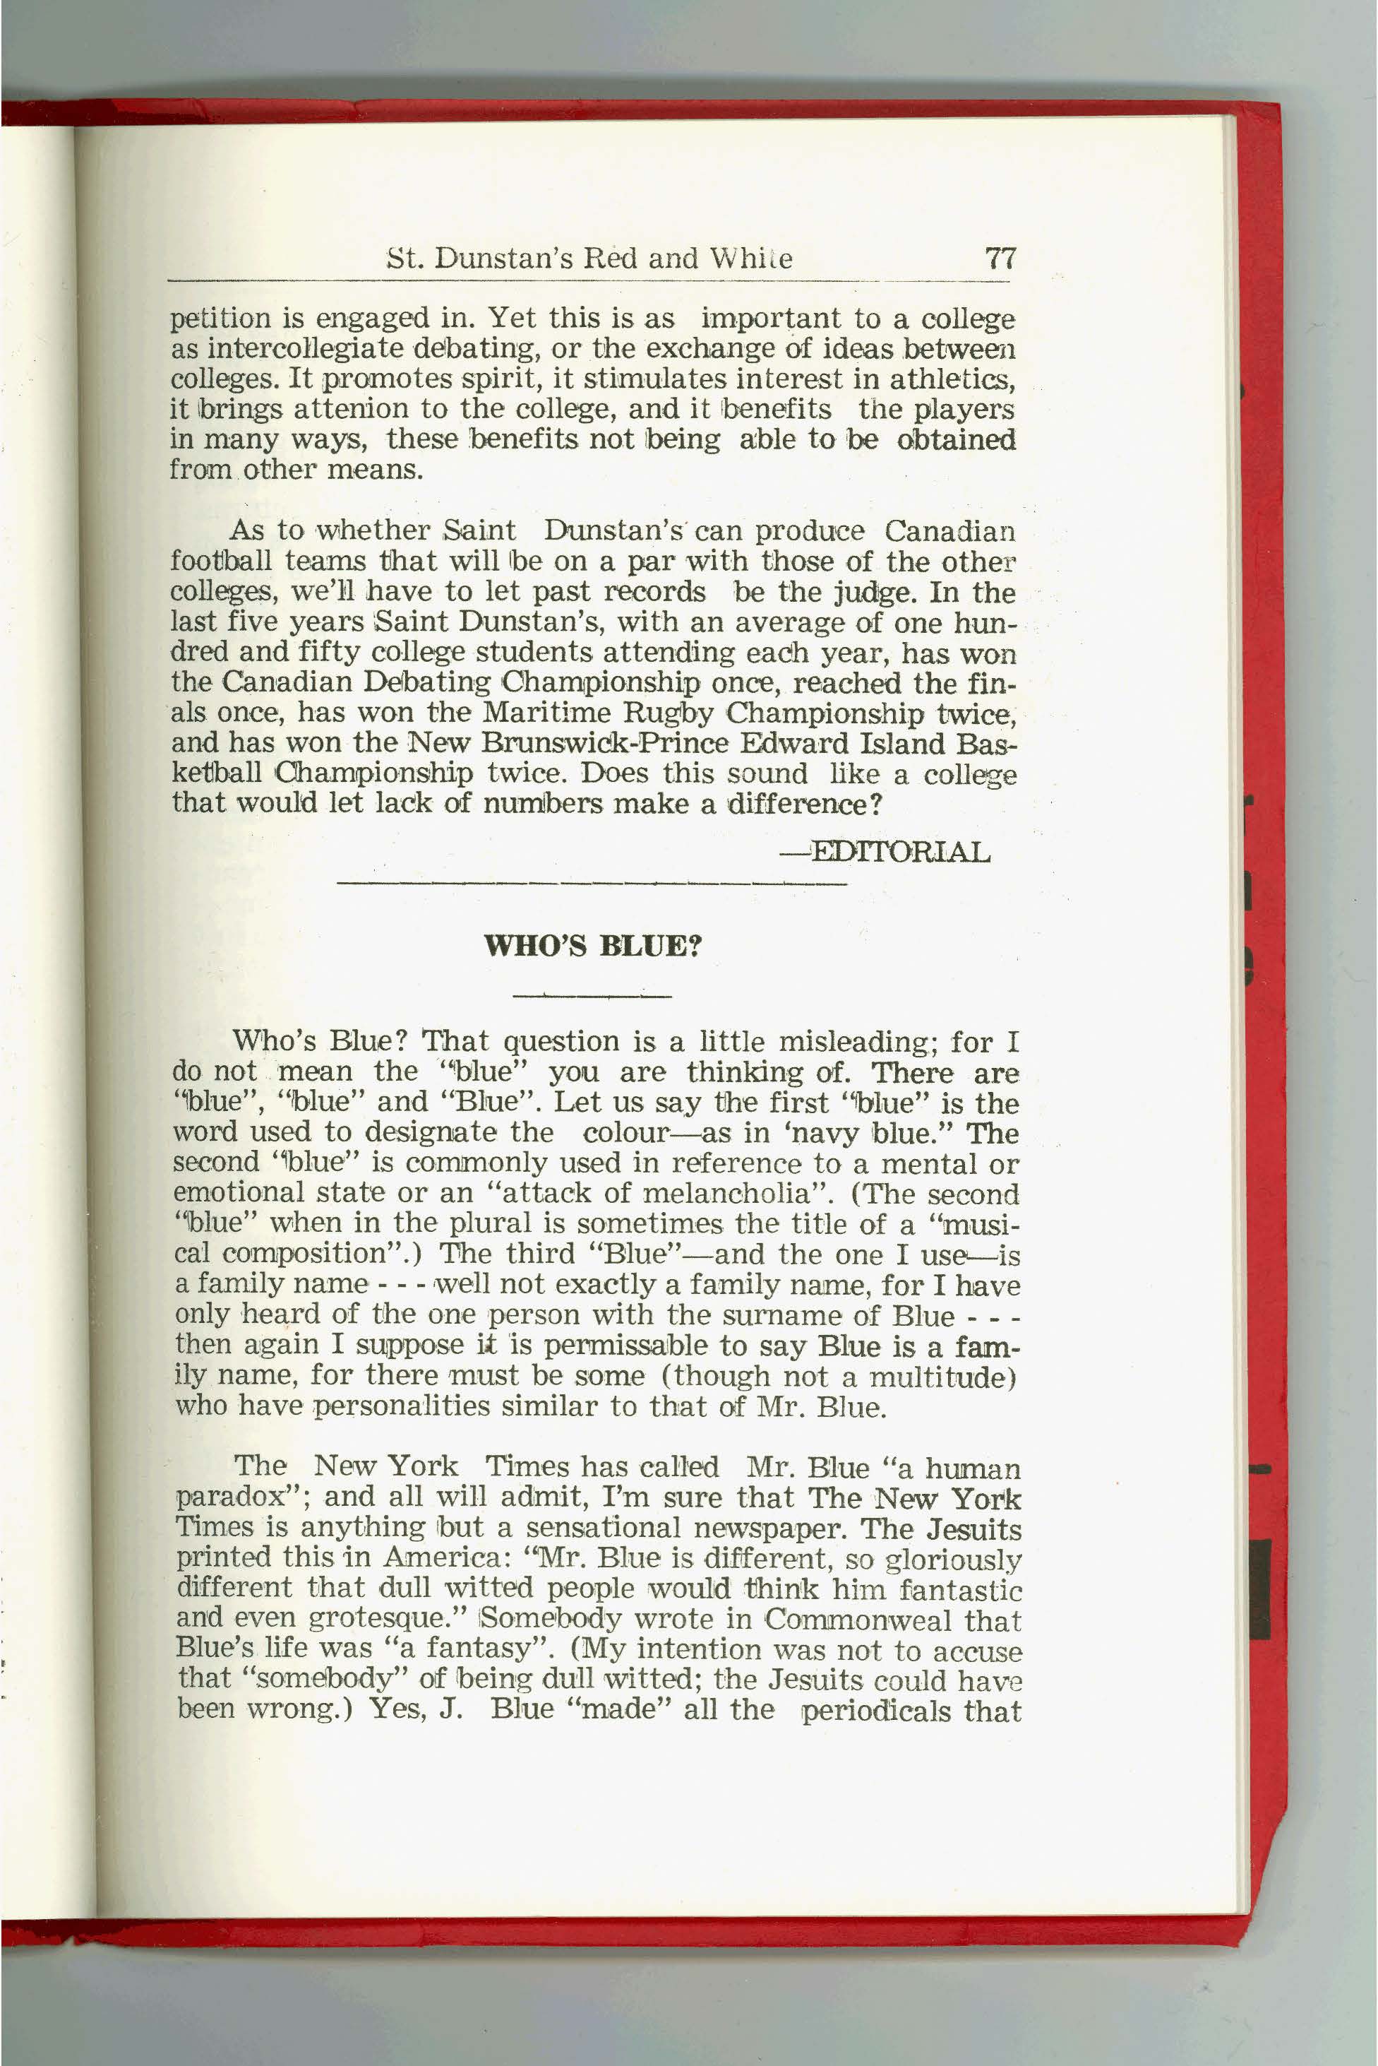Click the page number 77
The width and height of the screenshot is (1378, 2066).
(x=1000, y=259)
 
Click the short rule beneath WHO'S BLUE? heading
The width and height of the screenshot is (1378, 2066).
(x=592, y=995)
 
